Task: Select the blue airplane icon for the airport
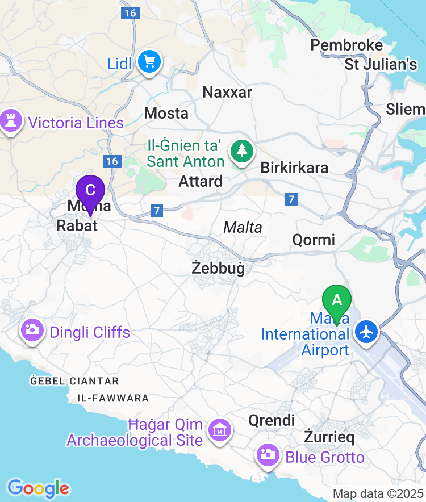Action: tap(367, 331)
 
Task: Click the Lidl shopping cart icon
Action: tap(150, 61)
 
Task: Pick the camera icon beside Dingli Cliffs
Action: tap(32, 330)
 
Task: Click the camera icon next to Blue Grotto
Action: tap(267, 455)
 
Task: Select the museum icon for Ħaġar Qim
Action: tap(220, 429)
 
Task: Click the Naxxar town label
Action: tap(227, 92)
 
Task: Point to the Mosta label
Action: tap(166, 113)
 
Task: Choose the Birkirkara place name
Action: tap(294, 168)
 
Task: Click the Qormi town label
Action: tap(314, 240)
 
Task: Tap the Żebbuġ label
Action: tap(218, 268)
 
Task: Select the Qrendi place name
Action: tap(272, 420)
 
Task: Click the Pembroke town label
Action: tap(346, 45)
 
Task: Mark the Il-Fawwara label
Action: tap(113, 398)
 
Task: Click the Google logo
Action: tap(39, 488)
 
